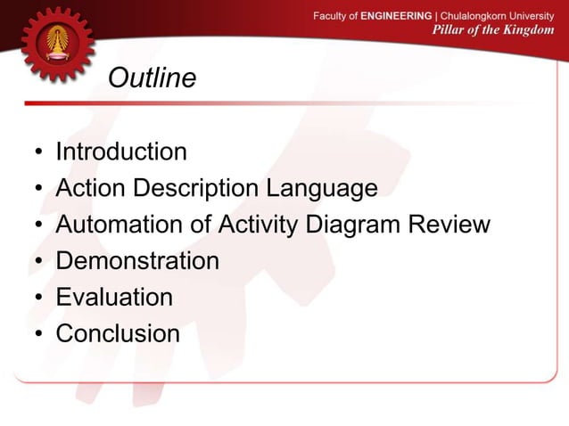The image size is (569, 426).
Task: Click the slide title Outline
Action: pyautogui.click(x=152, y=79)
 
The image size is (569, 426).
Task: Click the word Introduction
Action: pyautogui.click(x=121, y=152)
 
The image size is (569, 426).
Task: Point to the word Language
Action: pyautogui.click(x=320, y=189)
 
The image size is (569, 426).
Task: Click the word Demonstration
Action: pyautogui.click(x=137, y=261)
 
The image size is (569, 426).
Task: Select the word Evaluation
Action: pyautogui.click(x=114, y=297)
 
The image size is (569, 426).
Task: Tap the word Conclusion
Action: pyautogui.click(x=118, y=333)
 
